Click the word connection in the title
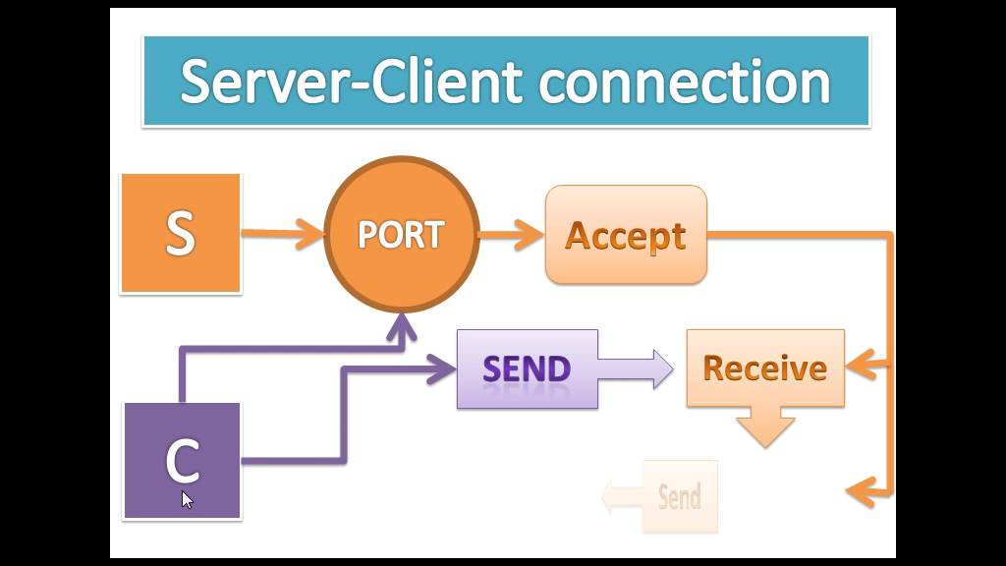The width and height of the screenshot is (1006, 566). point(685,83)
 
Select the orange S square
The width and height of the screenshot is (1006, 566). point(181,234)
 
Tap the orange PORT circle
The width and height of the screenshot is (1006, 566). point(401,234)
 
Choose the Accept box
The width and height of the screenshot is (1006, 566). point(626,235)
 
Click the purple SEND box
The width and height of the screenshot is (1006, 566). point(527,369)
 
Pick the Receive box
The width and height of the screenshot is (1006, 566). point(765,368)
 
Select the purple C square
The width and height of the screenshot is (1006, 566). point(182,460)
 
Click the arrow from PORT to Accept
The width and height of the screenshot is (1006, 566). point(511,234)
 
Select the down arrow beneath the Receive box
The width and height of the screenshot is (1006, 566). point(765,427)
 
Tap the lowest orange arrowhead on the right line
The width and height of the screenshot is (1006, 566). point(859,489)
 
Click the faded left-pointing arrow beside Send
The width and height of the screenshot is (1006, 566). point(619,496)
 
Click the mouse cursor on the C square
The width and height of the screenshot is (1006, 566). point(187,498)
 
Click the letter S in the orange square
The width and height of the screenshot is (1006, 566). point(181,234)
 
